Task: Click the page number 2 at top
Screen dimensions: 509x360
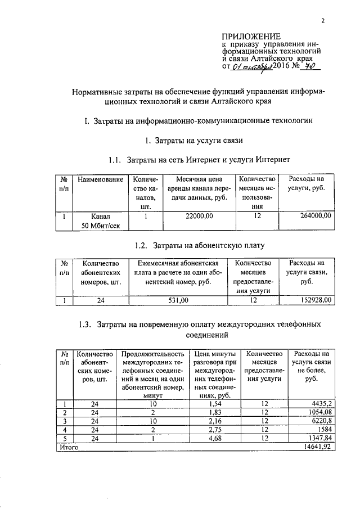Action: pyautogui.click(x=323, y=22)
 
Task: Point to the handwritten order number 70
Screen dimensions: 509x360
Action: pyautogui.click(x=308, y=66)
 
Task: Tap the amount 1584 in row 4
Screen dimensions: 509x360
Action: pyautogui.click(x=324, y=430)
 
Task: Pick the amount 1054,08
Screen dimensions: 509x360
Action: pyautogui.click(x=318, y=412)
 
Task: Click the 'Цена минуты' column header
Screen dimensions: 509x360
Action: pyautogui.click(x=209, y=354)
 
